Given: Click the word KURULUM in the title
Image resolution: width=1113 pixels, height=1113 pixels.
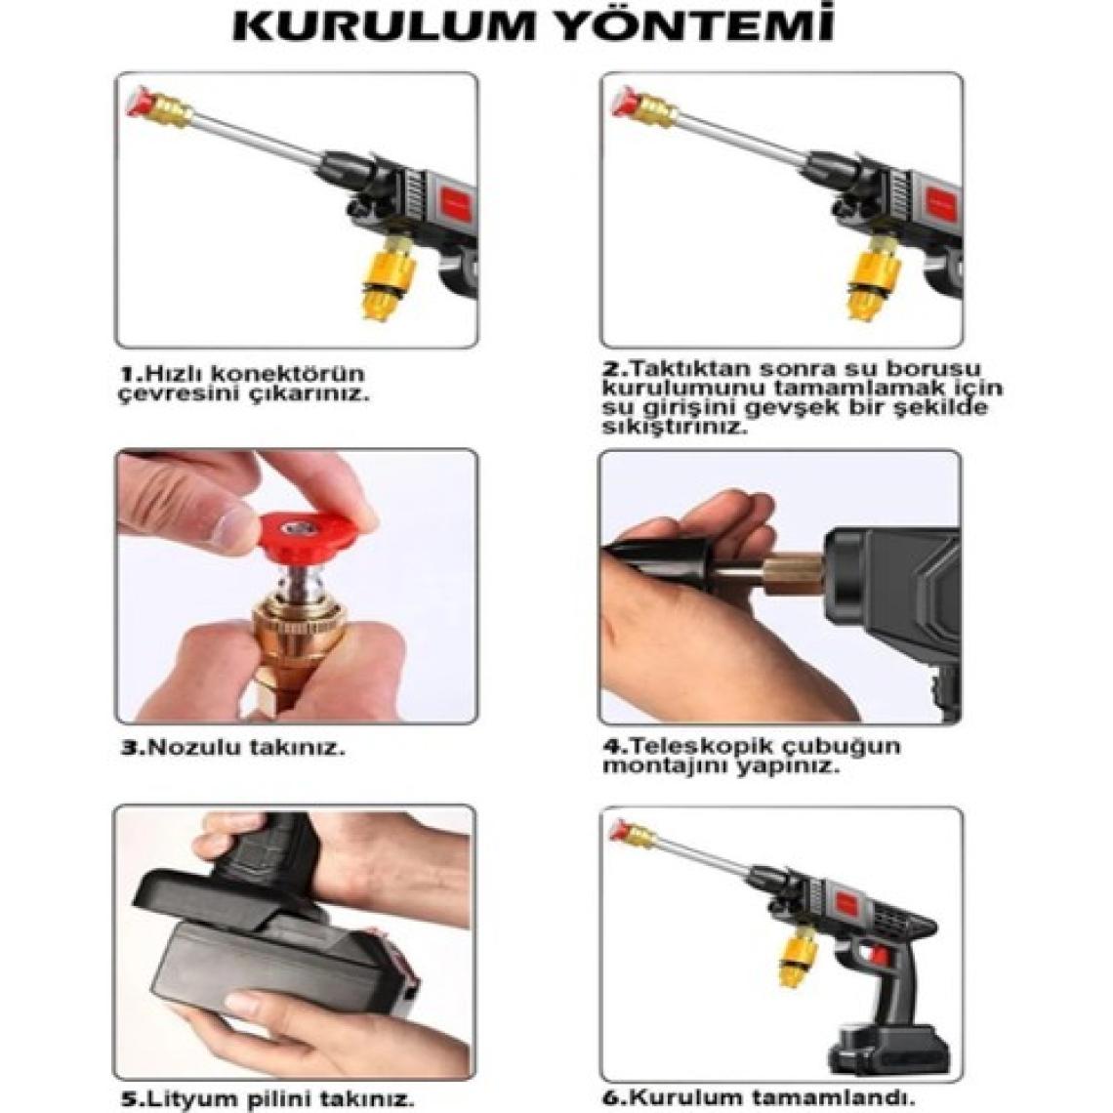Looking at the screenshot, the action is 383,25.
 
